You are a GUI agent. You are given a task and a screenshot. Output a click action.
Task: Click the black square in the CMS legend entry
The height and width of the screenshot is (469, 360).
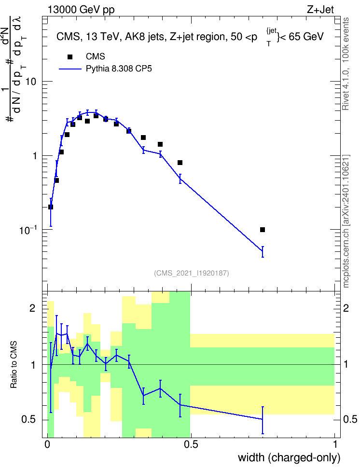pos(70,57)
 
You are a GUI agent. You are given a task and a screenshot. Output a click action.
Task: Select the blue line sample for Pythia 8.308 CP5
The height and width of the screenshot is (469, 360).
pos(70,69)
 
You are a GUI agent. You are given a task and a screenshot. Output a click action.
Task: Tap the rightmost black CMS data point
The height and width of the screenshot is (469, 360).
pos(263,230)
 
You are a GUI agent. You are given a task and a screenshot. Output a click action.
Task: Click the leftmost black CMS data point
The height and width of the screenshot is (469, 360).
pos(51,207)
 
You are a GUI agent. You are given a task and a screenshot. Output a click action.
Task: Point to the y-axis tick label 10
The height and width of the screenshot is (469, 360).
pos(31,82)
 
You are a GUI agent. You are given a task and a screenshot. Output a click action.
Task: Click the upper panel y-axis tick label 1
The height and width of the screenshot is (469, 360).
pos(34,156)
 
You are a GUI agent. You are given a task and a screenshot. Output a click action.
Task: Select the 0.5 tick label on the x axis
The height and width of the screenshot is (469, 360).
pos(191,444)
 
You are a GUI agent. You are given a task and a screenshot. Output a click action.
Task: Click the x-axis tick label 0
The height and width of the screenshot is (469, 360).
pos(47,444)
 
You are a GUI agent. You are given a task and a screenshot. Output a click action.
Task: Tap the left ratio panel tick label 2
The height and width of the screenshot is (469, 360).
pos(32,308)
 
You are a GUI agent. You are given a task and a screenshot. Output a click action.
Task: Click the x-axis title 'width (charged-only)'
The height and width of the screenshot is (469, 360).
pos(289,457)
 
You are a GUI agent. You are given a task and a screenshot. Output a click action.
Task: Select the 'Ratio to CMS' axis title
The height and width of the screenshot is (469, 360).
pos(14,364)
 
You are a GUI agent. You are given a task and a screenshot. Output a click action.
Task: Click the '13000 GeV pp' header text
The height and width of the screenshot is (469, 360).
pos(81,10)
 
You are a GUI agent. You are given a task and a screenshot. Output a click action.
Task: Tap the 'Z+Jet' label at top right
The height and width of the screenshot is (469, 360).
pos(320,10)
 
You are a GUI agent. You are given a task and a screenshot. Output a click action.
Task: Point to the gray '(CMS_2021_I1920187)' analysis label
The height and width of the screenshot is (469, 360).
pos(192,273)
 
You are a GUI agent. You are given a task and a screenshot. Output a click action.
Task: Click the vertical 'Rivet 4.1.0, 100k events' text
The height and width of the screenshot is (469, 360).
pos(346,64)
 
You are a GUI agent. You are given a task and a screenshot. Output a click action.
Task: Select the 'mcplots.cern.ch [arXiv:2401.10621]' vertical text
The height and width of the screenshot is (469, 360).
pos(346,221)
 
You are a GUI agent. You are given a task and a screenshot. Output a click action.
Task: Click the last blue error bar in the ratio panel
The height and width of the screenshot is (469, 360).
pos(263,420)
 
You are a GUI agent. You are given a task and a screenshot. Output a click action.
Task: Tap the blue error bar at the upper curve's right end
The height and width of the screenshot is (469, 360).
pos(263,251)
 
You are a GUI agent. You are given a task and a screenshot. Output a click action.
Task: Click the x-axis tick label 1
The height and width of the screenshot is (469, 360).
pos(335,444)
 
